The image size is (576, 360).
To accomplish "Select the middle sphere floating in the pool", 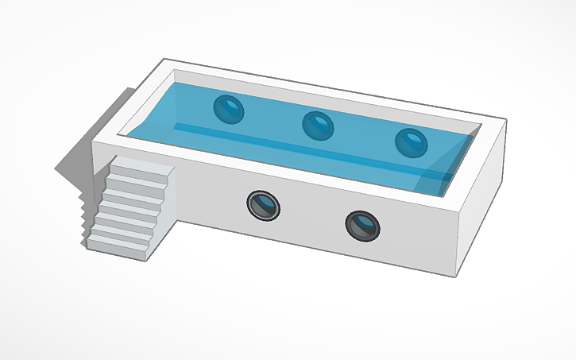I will tap(318, 125).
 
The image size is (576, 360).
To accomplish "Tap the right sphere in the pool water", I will tap(412, 143).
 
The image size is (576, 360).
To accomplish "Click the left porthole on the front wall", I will tap(262, 206).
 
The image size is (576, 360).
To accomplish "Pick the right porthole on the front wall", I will tap(362, 225).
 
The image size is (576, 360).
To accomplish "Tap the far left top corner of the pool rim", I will tap(164, 60).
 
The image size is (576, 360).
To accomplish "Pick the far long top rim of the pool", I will tap(334, 87).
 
